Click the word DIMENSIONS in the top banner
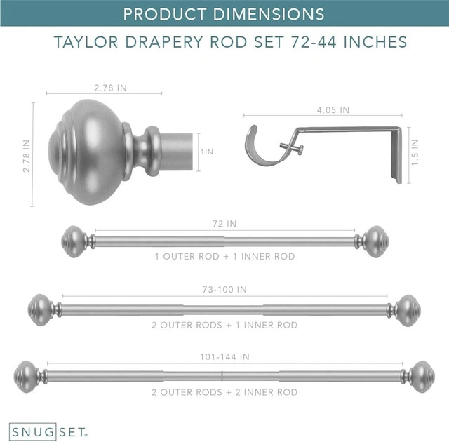[269, 14]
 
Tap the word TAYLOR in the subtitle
[86, 42]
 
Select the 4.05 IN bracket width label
[333, 110]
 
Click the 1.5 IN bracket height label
[415, 152]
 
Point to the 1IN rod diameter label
[207, 152]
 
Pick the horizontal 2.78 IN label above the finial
[110, 88]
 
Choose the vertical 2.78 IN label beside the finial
[27, 156]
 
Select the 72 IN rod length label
[224, 224]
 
